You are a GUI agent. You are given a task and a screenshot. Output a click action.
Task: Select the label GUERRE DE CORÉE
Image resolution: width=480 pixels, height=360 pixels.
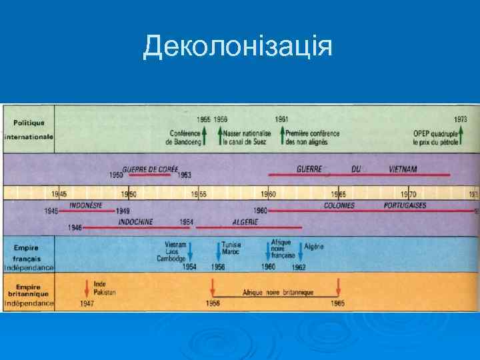(150, 169)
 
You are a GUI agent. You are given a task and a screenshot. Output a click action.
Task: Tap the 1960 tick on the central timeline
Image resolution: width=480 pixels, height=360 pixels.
(269, 194)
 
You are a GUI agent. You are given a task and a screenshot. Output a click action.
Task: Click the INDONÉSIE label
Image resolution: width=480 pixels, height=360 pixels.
(86, 206)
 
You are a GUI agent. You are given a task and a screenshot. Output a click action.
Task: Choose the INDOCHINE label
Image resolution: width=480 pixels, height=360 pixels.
(135, 221)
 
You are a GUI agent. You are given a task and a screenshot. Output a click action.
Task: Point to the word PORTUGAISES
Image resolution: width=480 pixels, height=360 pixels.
(405, 206)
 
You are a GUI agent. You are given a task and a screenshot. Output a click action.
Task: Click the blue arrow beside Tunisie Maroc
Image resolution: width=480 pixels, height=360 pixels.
(218, 251)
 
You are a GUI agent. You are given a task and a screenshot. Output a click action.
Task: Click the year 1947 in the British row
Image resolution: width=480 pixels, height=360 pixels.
(87, 304)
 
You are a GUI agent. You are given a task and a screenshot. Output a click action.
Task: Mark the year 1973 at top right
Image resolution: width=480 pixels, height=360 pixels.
(461, 119)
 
